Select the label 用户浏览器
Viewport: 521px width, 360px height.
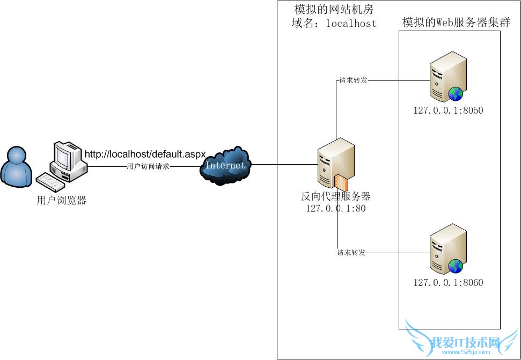[62, 201]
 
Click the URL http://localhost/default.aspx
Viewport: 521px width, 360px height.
[145, 155]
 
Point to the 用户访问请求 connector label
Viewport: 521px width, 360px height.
[148, 167]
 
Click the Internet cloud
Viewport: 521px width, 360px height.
[225, 165]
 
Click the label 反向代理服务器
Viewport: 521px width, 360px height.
[336, 196]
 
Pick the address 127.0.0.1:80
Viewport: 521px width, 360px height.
[336, 208]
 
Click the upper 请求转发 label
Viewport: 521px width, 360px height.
[352, 81]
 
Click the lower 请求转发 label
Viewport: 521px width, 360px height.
[351, 252]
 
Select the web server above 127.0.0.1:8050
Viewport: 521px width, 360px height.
[448, 76]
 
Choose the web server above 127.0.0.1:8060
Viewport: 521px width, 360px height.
[448, 248]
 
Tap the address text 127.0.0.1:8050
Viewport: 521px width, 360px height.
[448, 111]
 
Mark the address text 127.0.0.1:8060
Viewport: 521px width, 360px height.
[448, 282]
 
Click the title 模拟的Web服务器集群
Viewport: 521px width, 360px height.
[456, 23]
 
